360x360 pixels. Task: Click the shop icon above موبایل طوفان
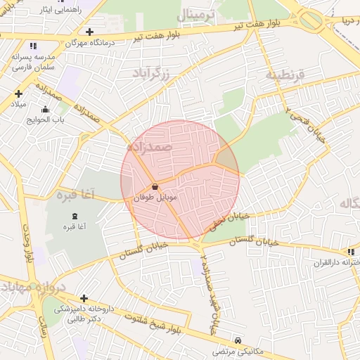(155, 187)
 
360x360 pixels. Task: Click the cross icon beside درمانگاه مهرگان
(89, 32)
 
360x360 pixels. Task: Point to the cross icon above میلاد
(18, 94)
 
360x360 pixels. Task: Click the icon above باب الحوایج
(46, 109)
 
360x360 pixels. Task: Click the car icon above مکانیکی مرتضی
(238, 340)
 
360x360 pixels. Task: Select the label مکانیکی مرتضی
(238, 352)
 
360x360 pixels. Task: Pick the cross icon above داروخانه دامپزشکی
(84, 298)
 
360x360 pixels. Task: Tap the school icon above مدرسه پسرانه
(15, 46)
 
